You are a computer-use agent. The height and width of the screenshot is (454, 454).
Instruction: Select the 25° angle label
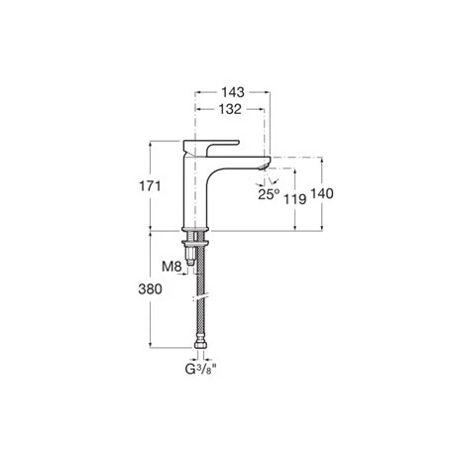click(x=269, y=195)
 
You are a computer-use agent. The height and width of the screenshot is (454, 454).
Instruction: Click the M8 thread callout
click(x=171, y=265)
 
